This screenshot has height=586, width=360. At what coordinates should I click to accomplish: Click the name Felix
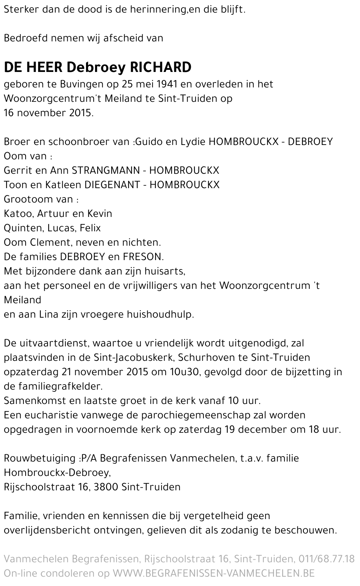click(x=90, y=228)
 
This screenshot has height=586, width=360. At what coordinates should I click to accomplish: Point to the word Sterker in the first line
click(x=20, y=9)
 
